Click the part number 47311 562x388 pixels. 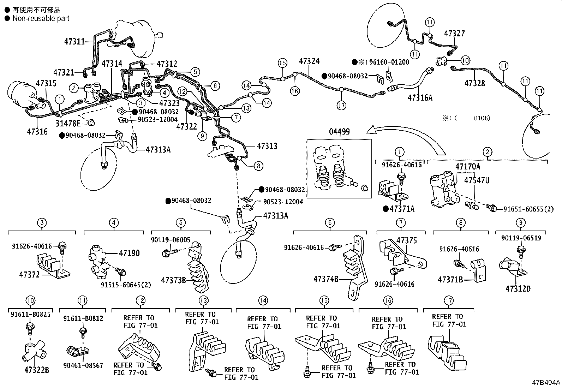point(74,41)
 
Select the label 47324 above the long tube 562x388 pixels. point(309,61)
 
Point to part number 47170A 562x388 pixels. point(467,166)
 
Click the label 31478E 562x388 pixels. point(68,123)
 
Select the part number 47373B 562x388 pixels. point(173,280)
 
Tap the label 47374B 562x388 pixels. point(326,279)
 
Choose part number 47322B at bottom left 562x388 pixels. point(37,370)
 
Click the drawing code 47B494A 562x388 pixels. point(546,383)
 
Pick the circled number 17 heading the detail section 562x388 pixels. point(448,301)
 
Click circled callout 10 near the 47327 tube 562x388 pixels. point(465,60)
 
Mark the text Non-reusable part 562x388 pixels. point(41,18)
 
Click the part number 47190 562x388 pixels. point(129,253)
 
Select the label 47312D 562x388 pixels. point(518,288)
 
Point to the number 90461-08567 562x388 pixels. point(83,365)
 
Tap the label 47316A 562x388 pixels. point(420,97)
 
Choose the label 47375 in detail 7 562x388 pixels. point(406,240)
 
